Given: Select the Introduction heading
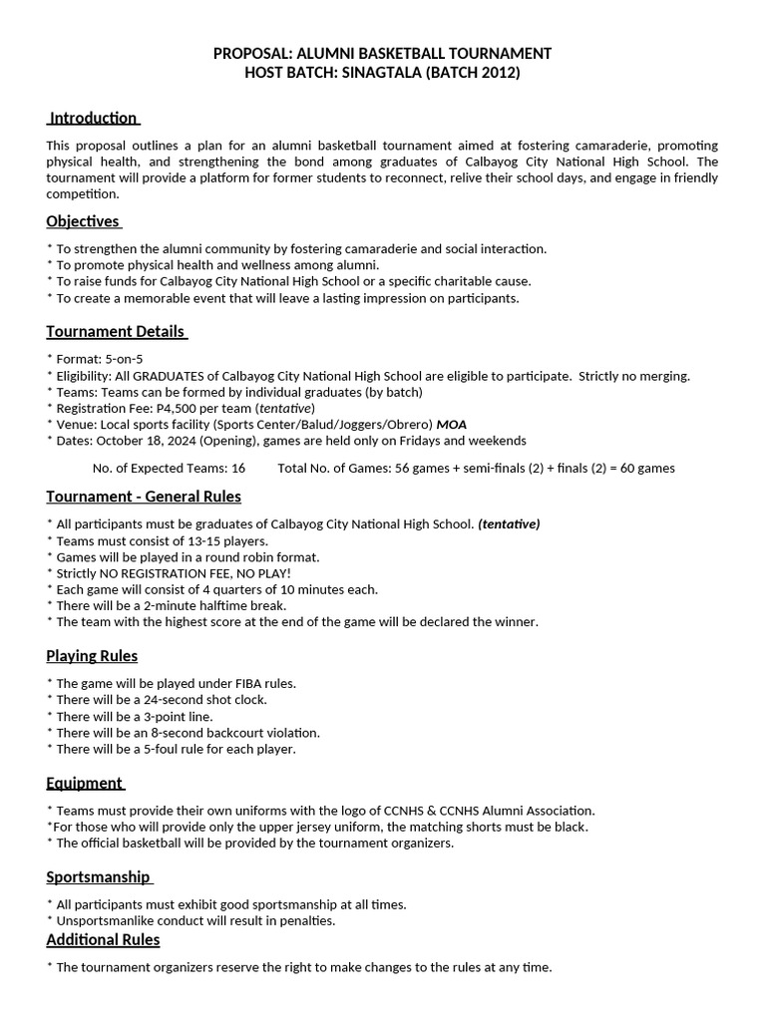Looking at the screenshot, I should coord(93,118).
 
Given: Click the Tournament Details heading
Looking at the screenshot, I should coord(115,331).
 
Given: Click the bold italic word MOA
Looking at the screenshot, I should coord(452,424).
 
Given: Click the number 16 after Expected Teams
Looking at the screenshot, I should coord(237,468).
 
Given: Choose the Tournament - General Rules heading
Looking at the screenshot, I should coord(144,497).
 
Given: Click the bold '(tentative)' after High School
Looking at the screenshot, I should coord(509,524).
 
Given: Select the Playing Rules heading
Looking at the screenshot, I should coord(92,656).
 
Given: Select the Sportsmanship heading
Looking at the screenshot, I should coord(97,877).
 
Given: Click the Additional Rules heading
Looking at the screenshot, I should coord(103,939).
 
